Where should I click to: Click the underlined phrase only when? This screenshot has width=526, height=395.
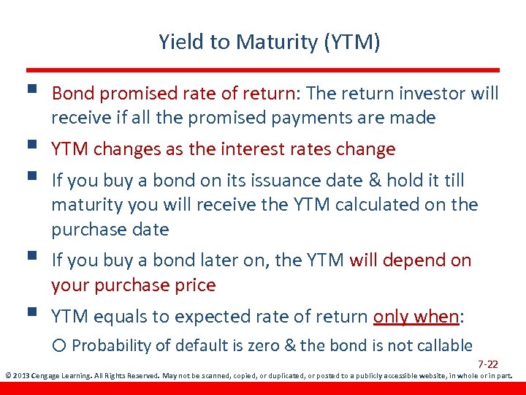point(416,316)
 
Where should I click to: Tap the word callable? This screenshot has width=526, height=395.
point(444,345)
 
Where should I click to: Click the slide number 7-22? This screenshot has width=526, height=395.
point(488,364)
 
